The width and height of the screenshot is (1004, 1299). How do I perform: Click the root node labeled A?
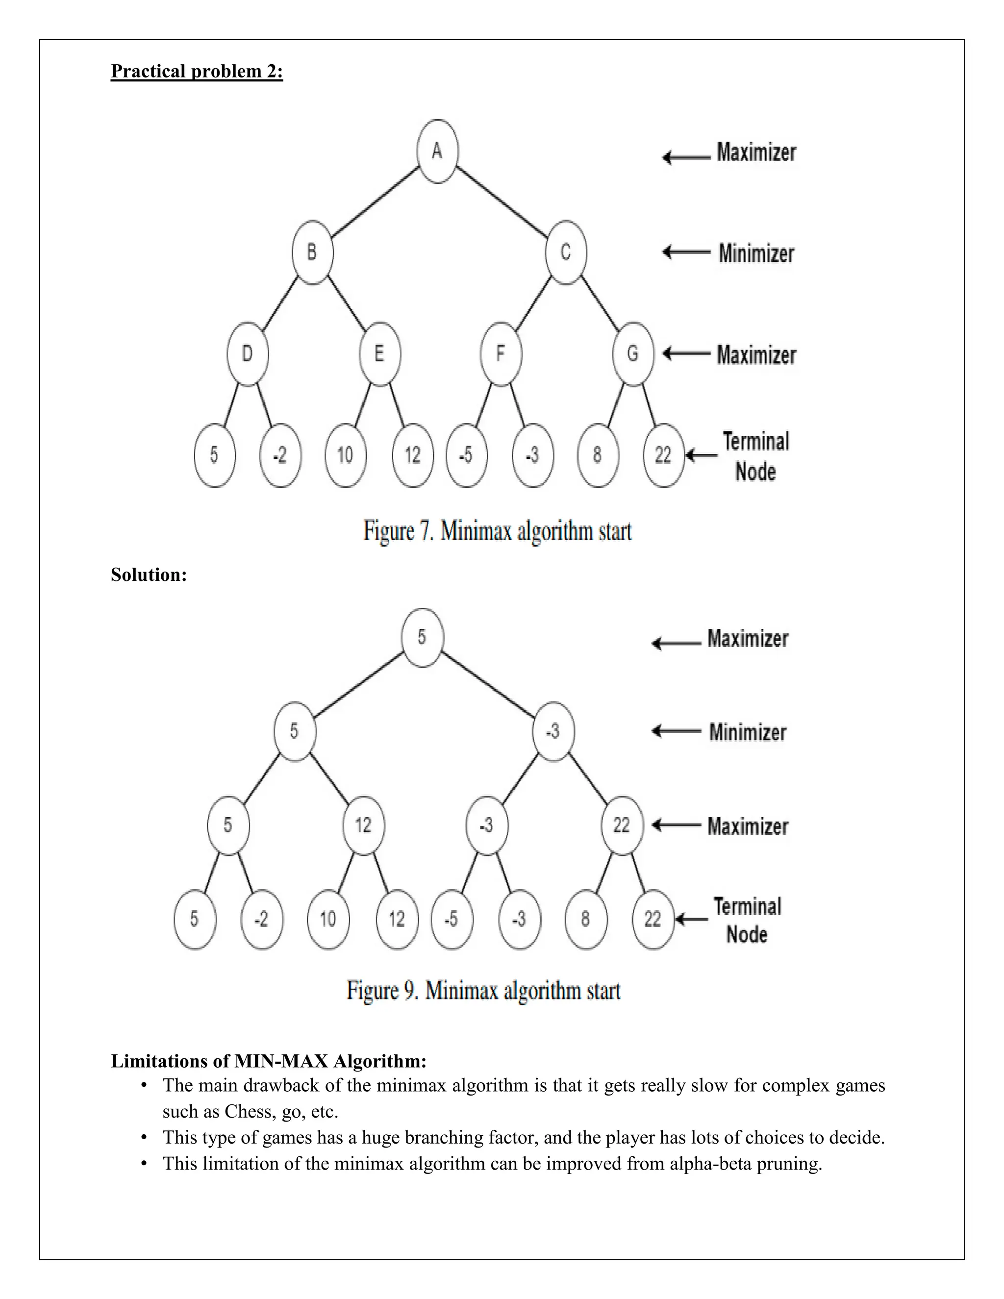coord(437,151)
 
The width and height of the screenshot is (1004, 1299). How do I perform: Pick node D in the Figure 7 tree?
coord(248,354)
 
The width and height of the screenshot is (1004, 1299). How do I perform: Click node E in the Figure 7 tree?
coord(379,354)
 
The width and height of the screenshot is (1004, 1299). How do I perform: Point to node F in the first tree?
coord(501,354)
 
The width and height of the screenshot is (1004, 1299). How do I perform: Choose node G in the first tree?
coord(633,354)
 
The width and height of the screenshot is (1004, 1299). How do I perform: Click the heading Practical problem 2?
coord(197,72)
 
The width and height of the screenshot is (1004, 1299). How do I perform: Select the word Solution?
coord(149,575)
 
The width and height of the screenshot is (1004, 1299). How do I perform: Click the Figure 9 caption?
coord(483,990)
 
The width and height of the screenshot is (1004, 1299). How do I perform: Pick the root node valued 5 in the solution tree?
coord(422,638)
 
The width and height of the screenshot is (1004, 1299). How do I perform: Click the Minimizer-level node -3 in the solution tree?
coord(553,731)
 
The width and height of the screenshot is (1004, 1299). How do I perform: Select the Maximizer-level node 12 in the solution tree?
coord(363,825)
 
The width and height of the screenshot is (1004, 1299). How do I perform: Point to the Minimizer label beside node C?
coord(756,253)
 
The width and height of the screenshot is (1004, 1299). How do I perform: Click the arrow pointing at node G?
coord(686,354)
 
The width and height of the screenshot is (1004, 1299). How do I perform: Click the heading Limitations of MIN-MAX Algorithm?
coord(269,1061)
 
